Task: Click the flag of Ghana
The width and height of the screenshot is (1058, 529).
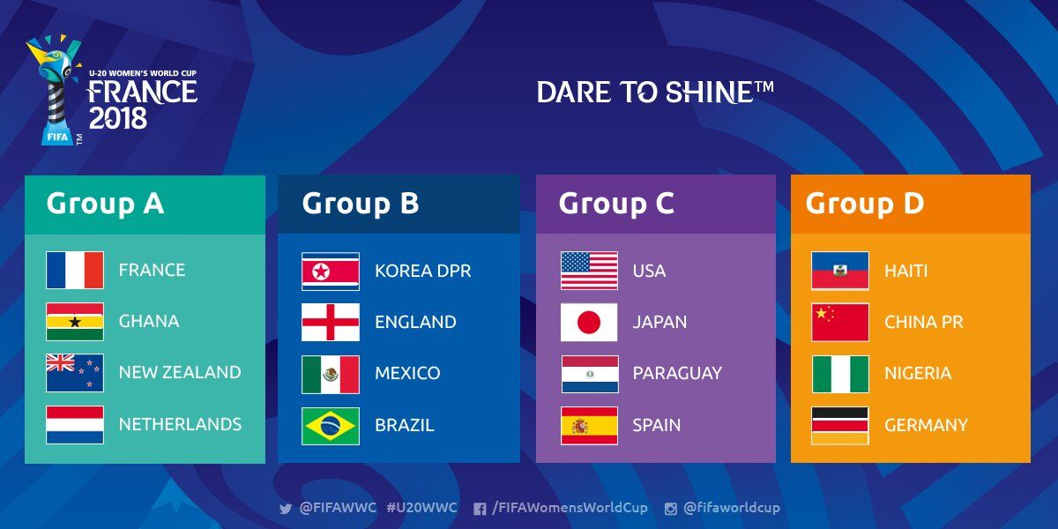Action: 75,322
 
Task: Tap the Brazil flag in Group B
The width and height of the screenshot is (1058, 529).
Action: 331,426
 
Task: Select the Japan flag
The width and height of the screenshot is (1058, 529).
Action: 589,322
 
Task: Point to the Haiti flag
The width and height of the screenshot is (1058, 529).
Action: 839,271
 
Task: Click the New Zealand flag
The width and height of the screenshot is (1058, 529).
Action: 75,373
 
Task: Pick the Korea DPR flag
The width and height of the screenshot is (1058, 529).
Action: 331,272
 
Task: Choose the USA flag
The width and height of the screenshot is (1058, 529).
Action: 589,271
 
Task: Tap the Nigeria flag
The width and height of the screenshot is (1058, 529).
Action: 840,374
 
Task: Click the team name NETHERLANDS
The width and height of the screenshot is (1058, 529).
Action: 180,424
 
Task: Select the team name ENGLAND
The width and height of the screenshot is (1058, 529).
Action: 415,322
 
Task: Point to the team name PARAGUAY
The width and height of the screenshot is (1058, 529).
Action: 677,373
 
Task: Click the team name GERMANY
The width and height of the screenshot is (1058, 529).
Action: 927,425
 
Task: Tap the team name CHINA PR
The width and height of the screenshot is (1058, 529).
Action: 923,322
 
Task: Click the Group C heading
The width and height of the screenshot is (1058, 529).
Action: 616,204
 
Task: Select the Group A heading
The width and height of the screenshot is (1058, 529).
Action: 105,204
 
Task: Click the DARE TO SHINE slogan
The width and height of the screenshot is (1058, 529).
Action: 655,92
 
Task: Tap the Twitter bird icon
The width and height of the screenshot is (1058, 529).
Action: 286,509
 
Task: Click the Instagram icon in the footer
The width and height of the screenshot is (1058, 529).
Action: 670,509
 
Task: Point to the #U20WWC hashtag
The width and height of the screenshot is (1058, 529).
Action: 421,508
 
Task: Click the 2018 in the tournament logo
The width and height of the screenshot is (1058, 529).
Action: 118,118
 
